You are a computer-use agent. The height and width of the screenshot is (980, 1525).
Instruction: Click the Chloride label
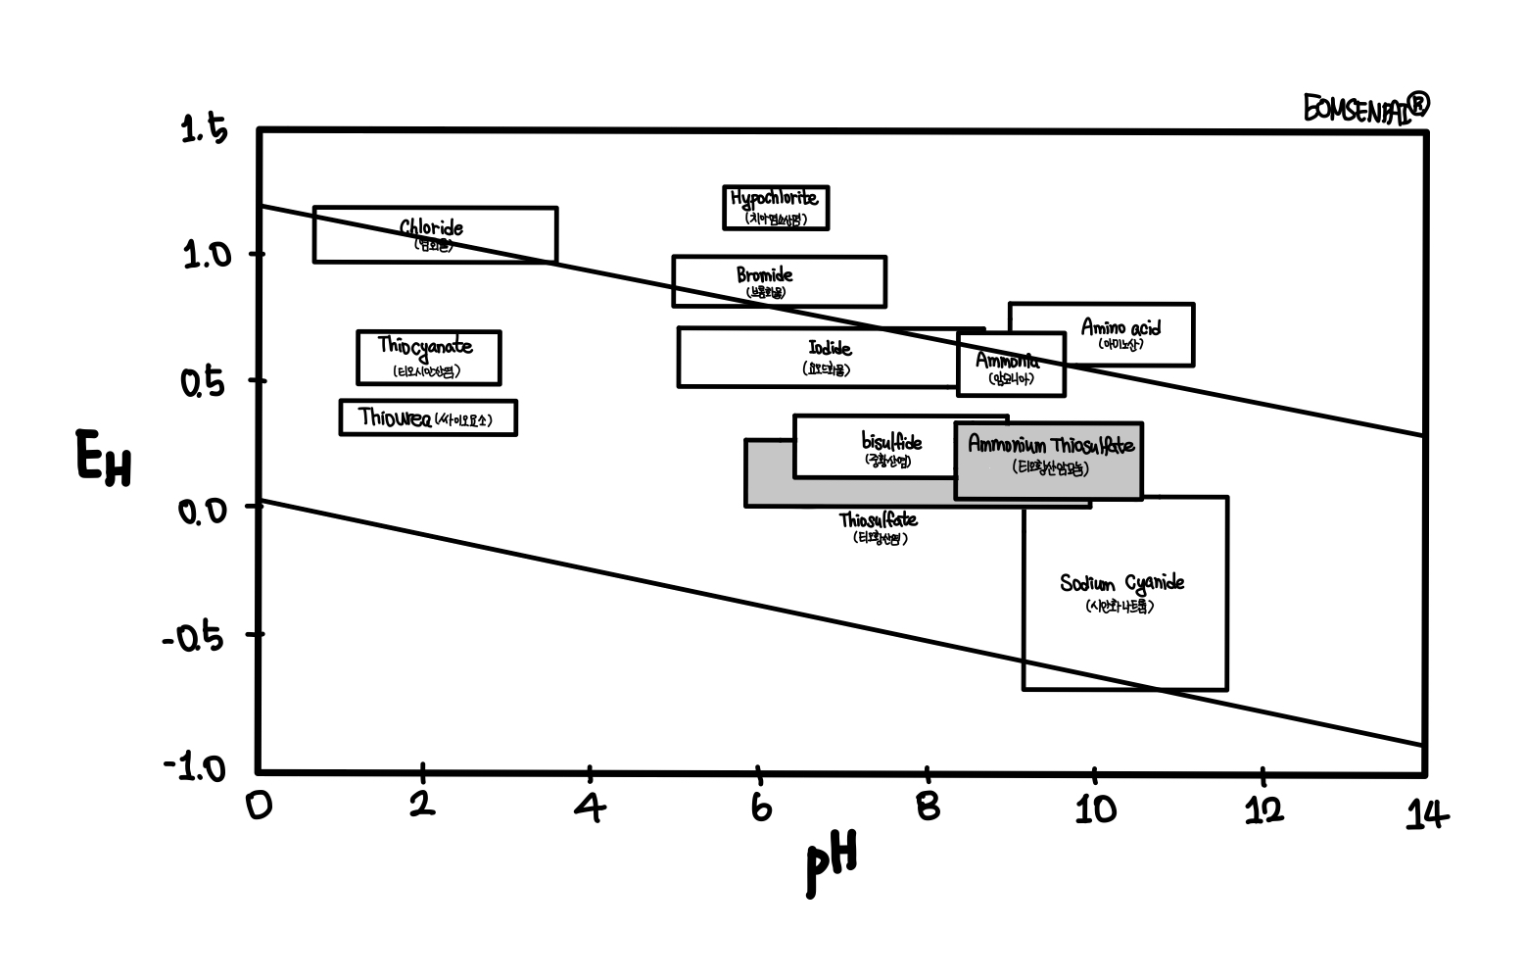[431, 228]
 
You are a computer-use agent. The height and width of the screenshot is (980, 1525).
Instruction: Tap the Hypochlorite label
[774, 199]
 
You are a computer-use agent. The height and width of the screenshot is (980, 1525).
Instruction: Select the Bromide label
[764, 275]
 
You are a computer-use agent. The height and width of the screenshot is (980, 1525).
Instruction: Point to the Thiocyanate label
[425, 347]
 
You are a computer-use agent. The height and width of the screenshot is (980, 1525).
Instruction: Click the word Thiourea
[394, 417]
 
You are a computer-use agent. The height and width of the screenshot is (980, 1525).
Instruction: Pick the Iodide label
[829, 349]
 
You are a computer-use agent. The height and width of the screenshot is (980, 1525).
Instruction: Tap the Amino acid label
[1120, 327]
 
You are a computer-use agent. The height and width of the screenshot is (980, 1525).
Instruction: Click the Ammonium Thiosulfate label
[1050, 446]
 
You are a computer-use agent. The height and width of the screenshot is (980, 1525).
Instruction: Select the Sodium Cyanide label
[1121, 584]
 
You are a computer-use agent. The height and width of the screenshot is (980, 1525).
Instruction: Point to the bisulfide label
[890, 443]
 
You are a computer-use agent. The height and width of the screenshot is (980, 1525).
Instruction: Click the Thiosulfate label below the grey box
[878, 519]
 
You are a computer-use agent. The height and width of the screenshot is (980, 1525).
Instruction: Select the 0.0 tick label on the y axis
[203, 510]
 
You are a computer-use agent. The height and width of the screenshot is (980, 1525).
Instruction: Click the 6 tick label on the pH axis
[761, 808]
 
